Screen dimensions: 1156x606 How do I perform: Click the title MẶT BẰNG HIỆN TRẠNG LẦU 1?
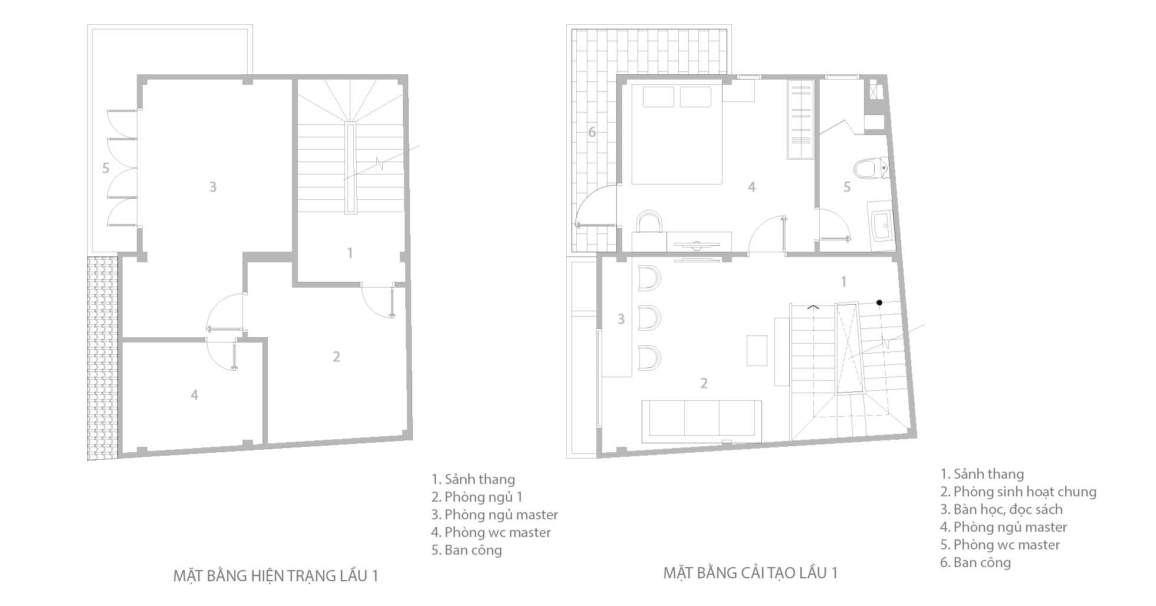275,575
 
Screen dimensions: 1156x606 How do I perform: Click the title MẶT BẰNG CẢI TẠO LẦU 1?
750,572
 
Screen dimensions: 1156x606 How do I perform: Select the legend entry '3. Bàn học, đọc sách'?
1001,509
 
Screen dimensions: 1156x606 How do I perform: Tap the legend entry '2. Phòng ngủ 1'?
477,497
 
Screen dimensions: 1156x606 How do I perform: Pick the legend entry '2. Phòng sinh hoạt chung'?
1019,492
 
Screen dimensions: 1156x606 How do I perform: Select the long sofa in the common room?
701,421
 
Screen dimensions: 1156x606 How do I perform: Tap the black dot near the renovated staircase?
879,302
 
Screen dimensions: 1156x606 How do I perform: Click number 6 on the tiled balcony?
592,132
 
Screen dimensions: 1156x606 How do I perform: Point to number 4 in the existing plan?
195,395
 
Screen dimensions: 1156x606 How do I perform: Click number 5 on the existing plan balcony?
106,168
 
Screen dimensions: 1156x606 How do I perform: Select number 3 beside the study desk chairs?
620,319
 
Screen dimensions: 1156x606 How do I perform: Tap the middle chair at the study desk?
649,319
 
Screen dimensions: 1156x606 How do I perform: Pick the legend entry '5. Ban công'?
467,550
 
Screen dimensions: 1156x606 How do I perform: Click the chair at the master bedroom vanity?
651,222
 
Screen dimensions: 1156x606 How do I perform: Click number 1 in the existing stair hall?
350,253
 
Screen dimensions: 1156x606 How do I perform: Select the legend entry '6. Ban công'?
976,562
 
